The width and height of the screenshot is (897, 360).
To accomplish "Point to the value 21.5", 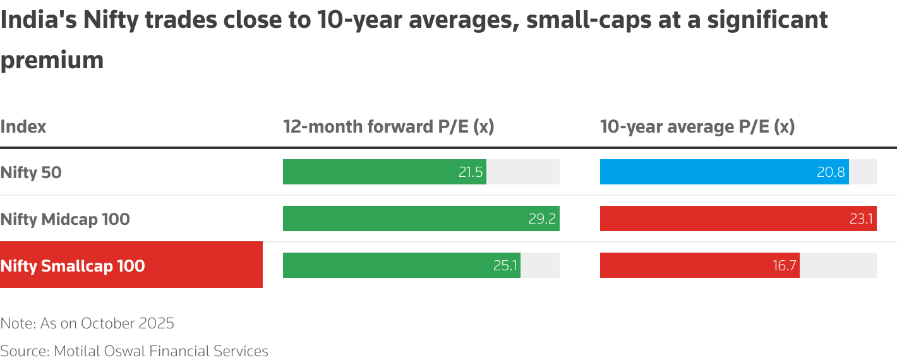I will (x=471, y=172).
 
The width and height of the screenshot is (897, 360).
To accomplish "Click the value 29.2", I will (x=542, y=219).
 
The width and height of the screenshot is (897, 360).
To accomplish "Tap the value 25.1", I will (x=505, y=266).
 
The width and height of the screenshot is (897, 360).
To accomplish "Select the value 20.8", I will (x=831, y=172).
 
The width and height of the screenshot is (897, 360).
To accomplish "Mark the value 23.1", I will (x=860, y=219).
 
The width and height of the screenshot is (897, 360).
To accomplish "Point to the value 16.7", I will (x=784, y=266).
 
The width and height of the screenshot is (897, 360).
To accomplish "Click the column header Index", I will (x=23, y=126).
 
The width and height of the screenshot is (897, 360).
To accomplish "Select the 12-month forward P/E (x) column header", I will (x=388, y=126).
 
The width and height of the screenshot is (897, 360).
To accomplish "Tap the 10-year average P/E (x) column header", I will (x=697, y=126).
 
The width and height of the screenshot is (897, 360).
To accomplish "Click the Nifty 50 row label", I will (x=31, y=172).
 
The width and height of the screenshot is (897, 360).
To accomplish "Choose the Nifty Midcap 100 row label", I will (x=65, y=219).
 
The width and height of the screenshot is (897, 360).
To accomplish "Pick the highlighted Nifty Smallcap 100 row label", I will (x=73, y=266).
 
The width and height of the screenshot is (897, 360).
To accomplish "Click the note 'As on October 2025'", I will (x=87, y=323).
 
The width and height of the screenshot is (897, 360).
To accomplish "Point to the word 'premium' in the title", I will (x=52, y=61).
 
